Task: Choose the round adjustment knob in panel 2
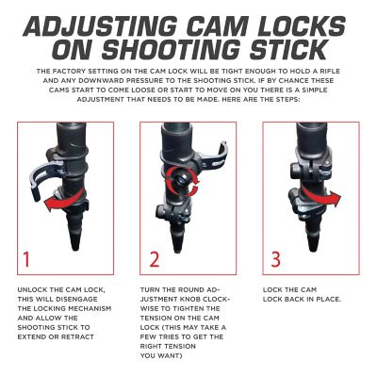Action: coord(179,178)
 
